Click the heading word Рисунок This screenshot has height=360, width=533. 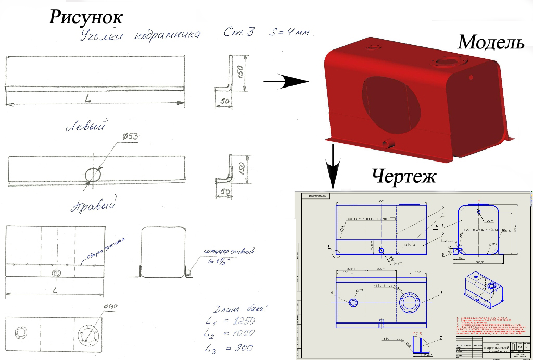(x=86, y=17)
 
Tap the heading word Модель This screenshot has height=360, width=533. (x=491, y=43)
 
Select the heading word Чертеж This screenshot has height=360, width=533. (x=403, y=176)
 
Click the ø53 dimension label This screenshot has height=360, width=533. (x=131, y=136)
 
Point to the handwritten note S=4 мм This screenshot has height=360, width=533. (x=291, y=32)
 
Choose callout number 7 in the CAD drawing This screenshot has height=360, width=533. (x=440, y=338)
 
